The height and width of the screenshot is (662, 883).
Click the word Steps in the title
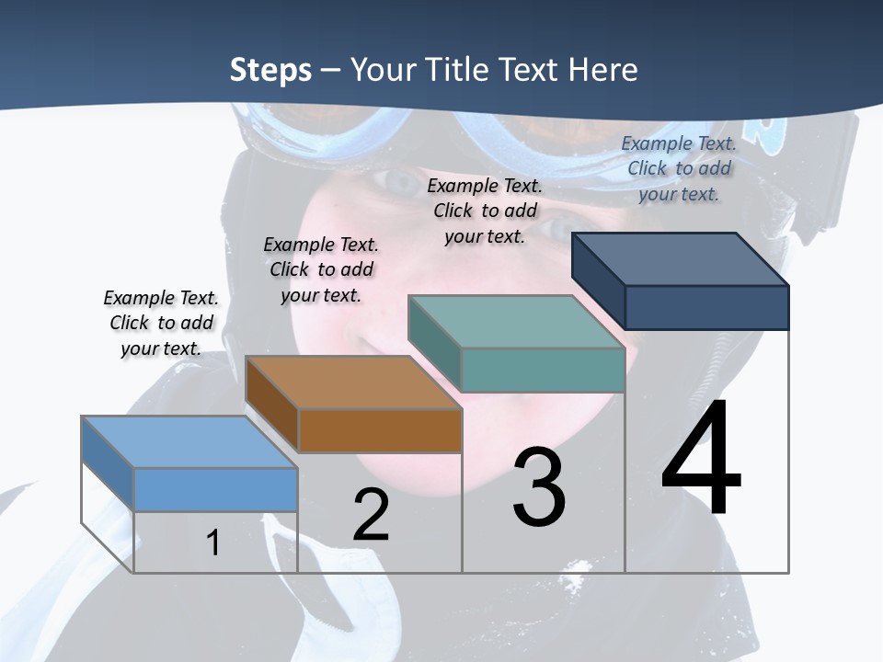click(x=270, y=70)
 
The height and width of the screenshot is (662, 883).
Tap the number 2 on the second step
click(x=372, y=514)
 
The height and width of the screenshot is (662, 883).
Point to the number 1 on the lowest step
click(x=213, y=542)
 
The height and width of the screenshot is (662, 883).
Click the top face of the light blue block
click(x=189, y=441)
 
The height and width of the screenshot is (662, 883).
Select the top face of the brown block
click(x=352, y=382)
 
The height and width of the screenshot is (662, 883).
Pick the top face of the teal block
click(x=515, y=322)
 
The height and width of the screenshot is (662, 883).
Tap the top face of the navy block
click(x=679, y=258)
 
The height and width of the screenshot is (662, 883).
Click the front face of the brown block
click(x=380, y=430)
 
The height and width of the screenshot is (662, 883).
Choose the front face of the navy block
click(x=706, y=307)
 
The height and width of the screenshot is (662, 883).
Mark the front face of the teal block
click(x=543, y=370)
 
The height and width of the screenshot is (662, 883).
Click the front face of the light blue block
click(x=215, y=489)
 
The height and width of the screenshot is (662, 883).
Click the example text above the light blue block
click(x=161, y=323)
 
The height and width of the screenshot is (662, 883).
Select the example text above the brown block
click(x=321, y=269)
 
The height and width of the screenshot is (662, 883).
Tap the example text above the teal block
click(x=485, y=211)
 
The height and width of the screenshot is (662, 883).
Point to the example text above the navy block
click(x=679, y=168)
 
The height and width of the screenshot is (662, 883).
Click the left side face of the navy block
click(x=598, y=280)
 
